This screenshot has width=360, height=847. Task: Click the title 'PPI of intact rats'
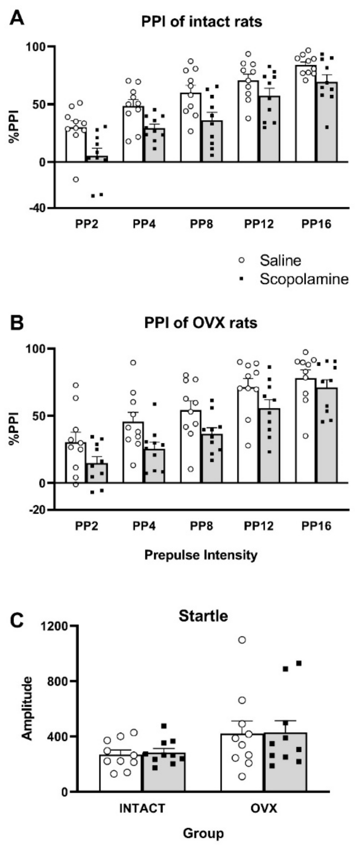(x=201, y=22)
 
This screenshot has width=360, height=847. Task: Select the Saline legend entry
(x=280, y=260)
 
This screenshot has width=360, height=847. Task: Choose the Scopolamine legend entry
(x=304, y=279)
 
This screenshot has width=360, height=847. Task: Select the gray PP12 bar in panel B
(x=270, y=447)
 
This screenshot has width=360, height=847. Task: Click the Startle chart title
(x=203, y=616)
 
